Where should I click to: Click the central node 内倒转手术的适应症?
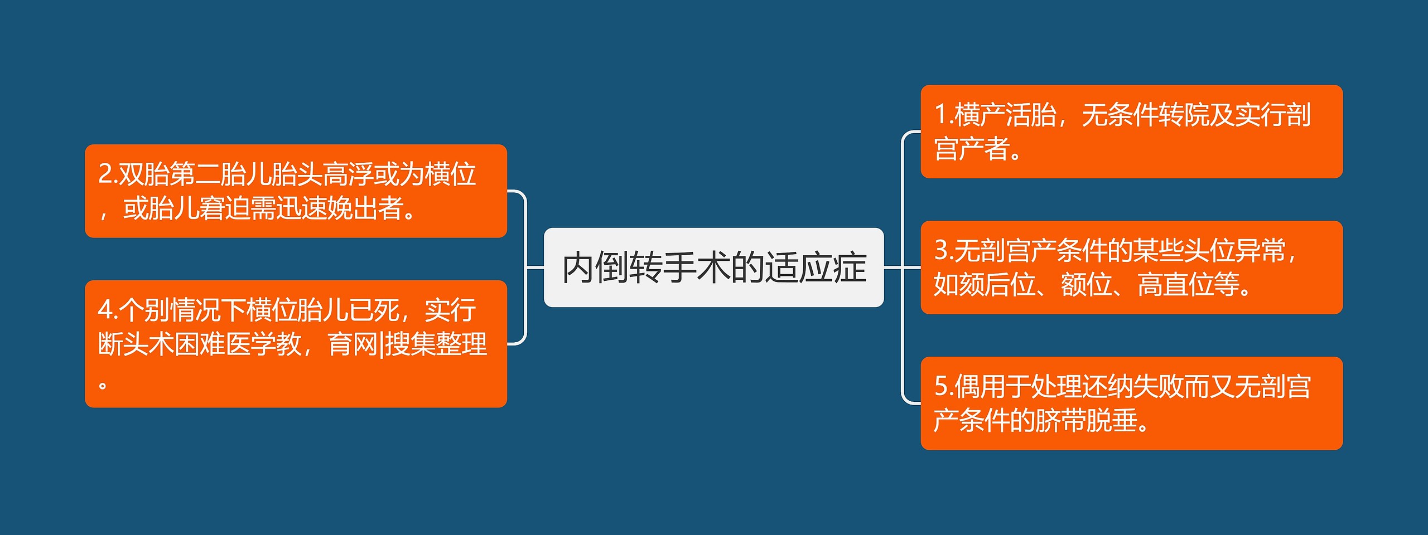pyautogui.click(x=713, y=267)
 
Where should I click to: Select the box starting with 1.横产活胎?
pyautogui.click(x=1131, y=132)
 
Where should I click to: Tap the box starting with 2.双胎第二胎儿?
pyautogui.click(x=296, y=191)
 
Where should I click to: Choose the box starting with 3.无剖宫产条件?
pyautogui.click(x=1131, y=267)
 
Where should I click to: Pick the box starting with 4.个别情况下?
pyautogui.click(x=296, y=344)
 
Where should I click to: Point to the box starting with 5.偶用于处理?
pyautogui.click(x=1131, y=403)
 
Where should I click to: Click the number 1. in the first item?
pyautogui.click(x=944, y=115)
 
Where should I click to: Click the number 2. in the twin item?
pyautogui.click(x=108, y=174)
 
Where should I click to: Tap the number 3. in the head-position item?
pyautogui.click(x=944, y=250)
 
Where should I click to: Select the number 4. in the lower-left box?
pyautogui.click(x=108, y=310)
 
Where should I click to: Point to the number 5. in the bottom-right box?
pyautogui.click(x=944, y=386)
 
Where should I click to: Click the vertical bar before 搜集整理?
pyautogui.click(x=382, y=344)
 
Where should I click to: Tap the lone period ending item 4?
pyautogui.click(x=103, y=385)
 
